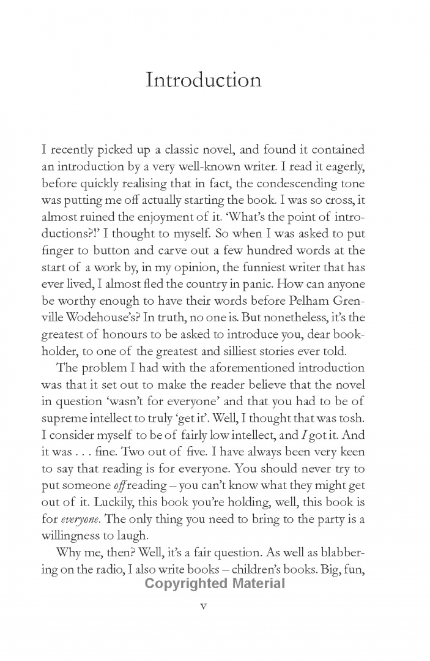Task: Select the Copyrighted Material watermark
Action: click(x=215, y=583)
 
